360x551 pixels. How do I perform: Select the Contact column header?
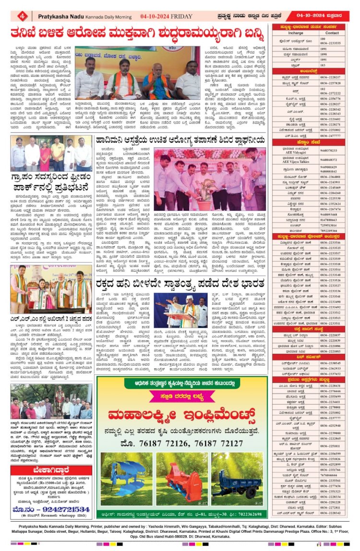pyautogui.click(x=332, y=34)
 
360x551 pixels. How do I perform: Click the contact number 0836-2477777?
pyautogui.click(x=332, y=136)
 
